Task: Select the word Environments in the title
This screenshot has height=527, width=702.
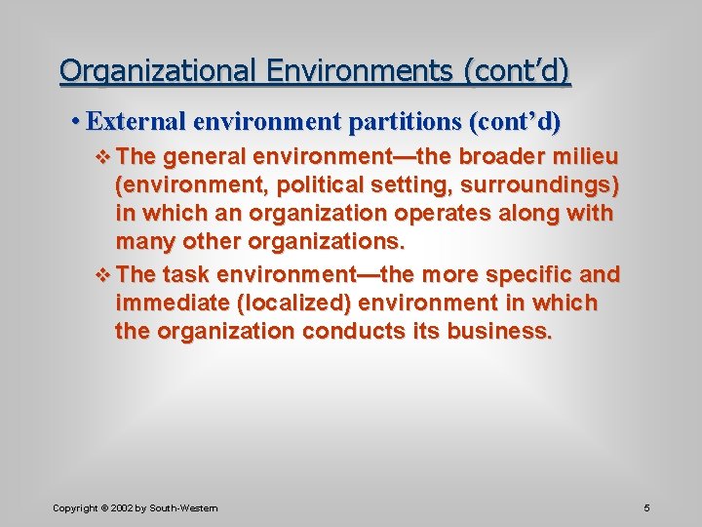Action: point(360,71)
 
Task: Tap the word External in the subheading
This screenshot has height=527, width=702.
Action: point(136,122)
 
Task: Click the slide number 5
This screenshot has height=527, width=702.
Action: point(646,507)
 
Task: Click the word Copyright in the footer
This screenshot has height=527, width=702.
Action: point(75,508)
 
